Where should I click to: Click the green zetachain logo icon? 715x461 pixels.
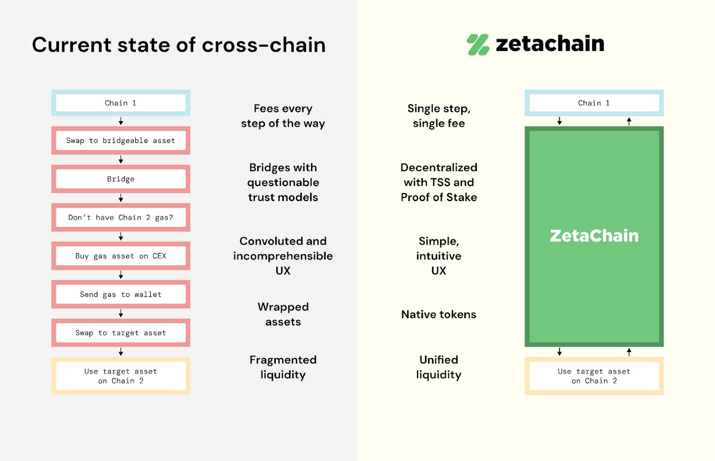478,44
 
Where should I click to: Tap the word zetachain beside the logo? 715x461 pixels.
550,44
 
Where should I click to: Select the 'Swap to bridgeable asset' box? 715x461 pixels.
121,140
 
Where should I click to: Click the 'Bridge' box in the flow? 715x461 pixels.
121,179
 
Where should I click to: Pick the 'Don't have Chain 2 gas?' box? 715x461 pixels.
121,217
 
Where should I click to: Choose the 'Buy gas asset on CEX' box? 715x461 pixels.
121,256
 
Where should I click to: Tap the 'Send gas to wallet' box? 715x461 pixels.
121,295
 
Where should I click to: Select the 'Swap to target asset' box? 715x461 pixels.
121,333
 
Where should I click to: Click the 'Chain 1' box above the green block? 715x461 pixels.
594,103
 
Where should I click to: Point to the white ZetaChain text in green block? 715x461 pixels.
594,236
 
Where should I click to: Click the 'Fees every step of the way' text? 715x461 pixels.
283,116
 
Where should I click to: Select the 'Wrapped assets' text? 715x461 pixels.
283,314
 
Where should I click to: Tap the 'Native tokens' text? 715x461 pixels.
439,314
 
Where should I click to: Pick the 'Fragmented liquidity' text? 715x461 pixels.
283,367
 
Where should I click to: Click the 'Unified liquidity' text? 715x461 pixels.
439,367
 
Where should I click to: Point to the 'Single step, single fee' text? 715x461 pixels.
439,116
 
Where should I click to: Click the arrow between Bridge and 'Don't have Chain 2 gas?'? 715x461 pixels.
121,198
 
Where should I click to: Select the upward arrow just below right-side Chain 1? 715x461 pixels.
629,121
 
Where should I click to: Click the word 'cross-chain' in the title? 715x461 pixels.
264,45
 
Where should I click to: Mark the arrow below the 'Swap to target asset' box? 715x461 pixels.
121,352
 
